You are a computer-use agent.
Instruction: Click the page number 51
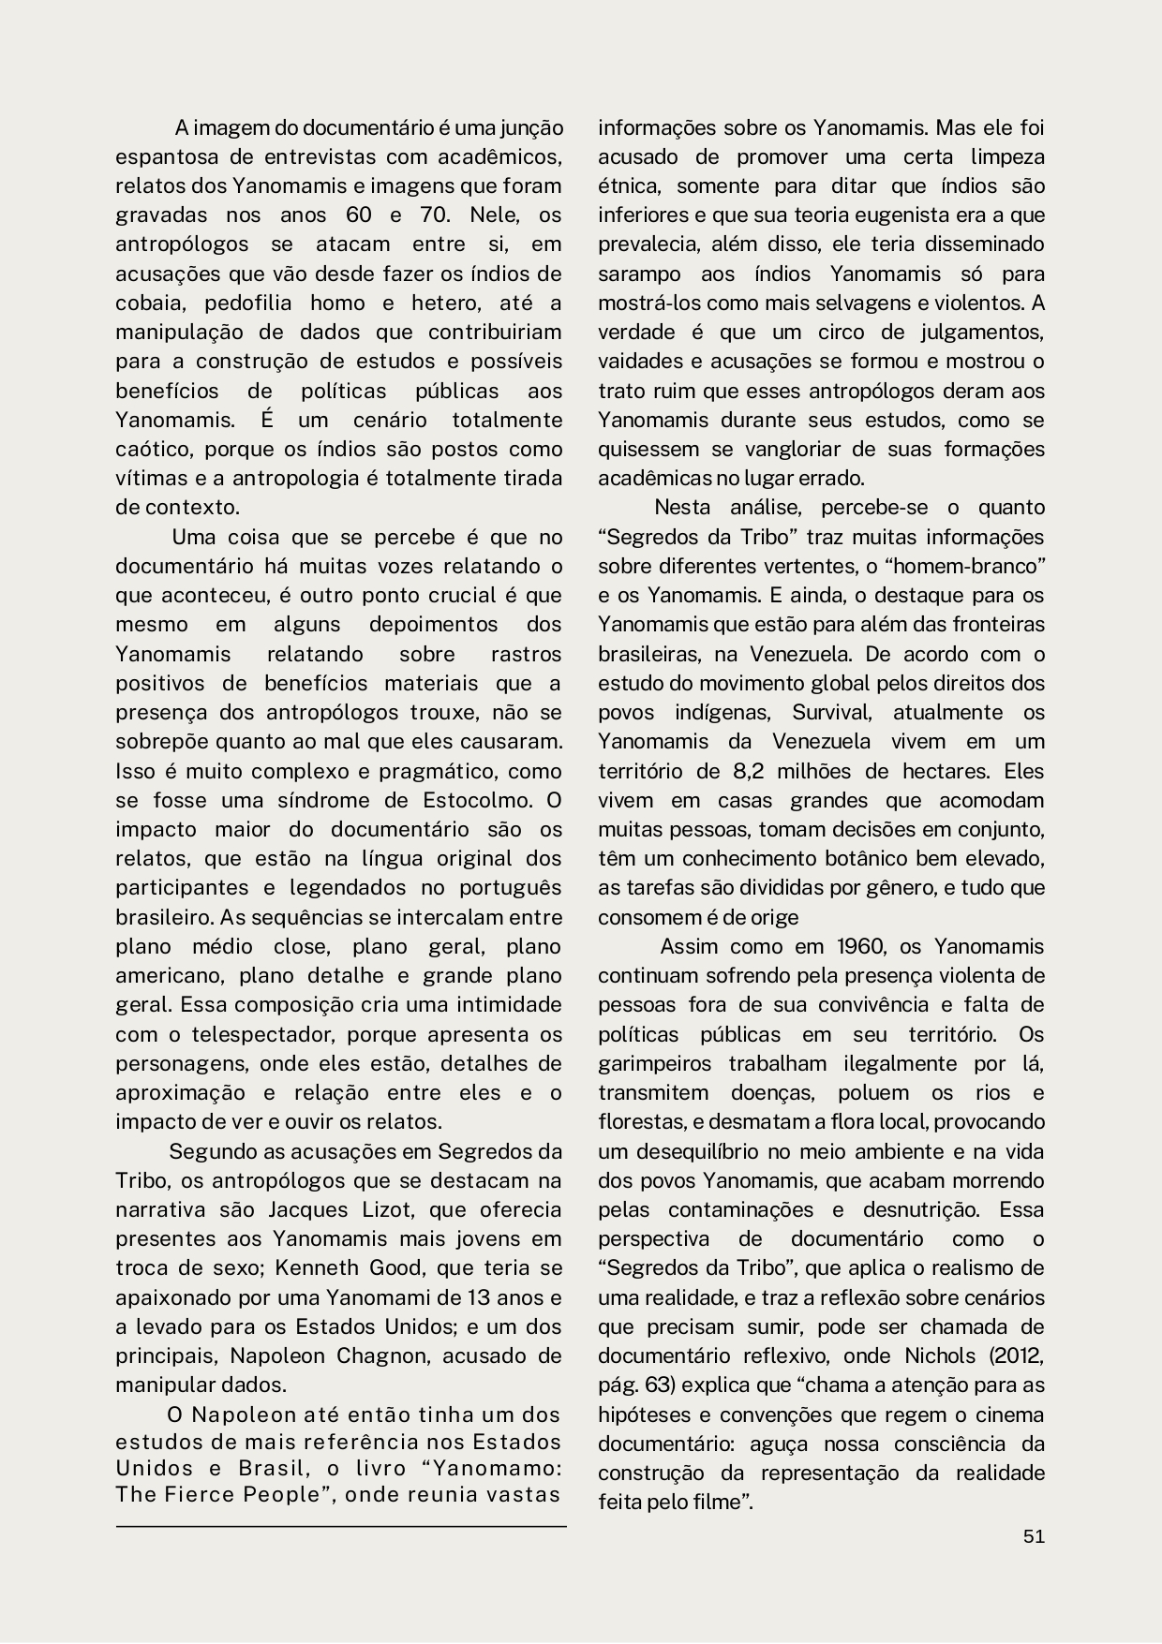pos(1034,1536)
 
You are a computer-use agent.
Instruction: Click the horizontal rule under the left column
pos(341,1527)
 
